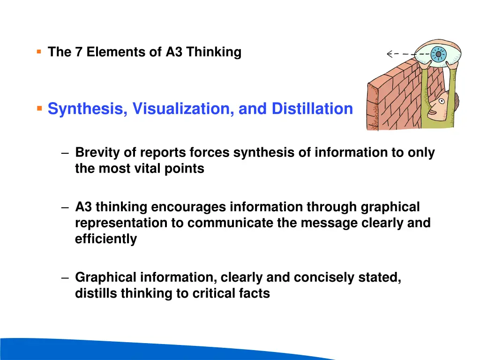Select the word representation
coord(121,223)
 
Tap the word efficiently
coord(106,239)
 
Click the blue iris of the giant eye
coord(438,55)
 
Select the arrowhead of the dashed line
coord(390,54)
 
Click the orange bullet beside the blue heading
coord(39,109)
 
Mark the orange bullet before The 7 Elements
coord(39,52)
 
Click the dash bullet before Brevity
coord(65,153)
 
